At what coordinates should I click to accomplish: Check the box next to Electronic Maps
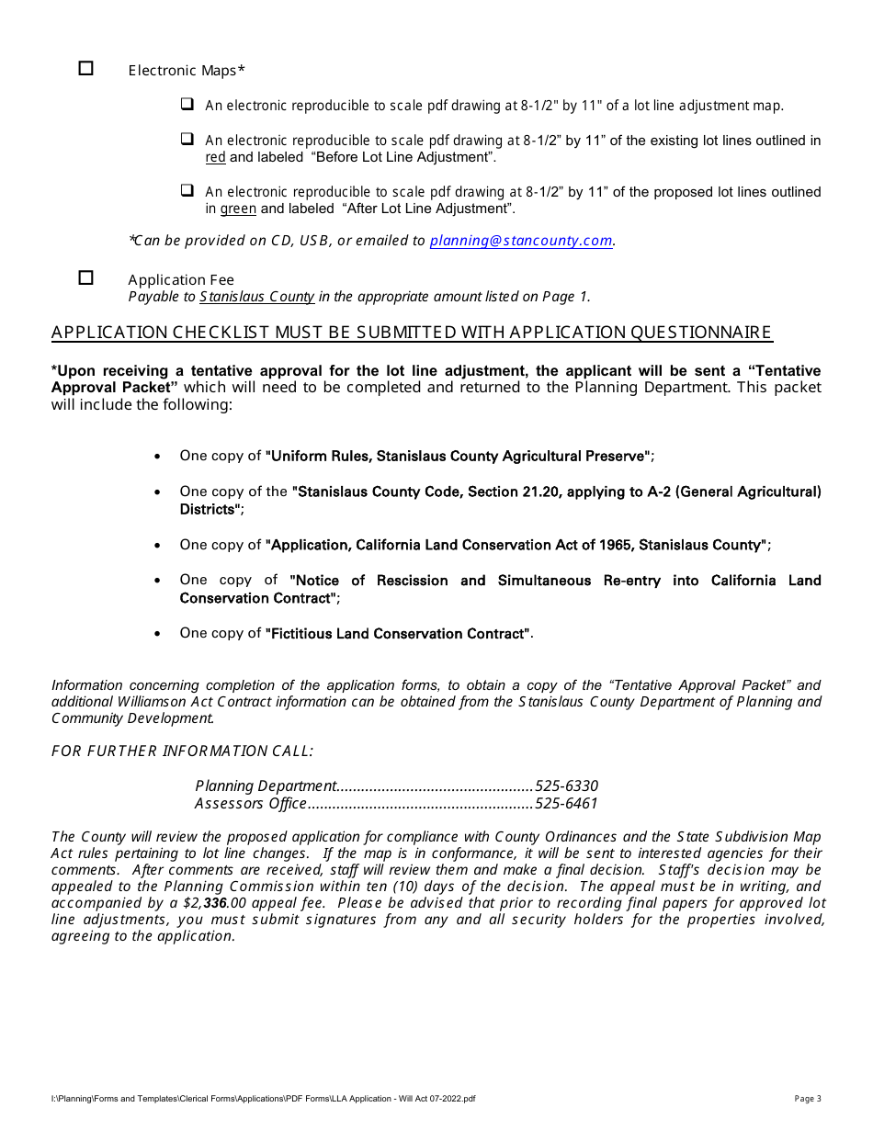(x=86, y=68)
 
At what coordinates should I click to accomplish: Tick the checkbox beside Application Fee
(x=86, y=277)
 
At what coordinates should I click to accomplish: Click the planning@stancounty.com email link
(x=521, y=241)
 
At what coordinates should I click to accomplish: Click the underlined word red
(x=215, y=157)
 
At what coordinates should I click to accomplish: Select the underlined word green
(x=238, y=209)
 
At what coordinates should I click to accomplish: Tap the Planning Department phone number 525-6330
(x=566, y=785)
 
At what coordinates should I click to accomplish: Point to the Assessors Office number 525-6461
(x=566, y=804)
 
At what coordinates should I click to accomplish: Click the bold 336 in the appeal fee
(x=215, y=903)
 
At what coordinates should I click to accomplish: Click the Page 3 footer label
(x=808, y=1099)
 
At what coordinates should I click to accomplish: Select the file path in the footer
(x=264, y=1099)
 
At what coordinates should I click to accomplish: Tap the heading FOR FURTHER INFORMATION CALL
(x=182, y=751)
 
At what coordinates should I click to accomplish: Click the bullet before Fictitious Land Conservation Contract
(x=159, y=634)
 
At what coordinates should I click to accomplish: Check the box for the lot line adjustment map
(x=187, y=105)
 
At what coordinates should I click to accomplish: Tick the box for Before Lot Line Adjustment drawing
(x=187, y=140)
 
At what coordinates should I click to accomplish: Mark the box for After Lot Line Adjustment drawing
(x=187, y=191)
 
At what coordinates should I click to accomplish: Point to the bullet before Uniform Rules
(x=159, y=457)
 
